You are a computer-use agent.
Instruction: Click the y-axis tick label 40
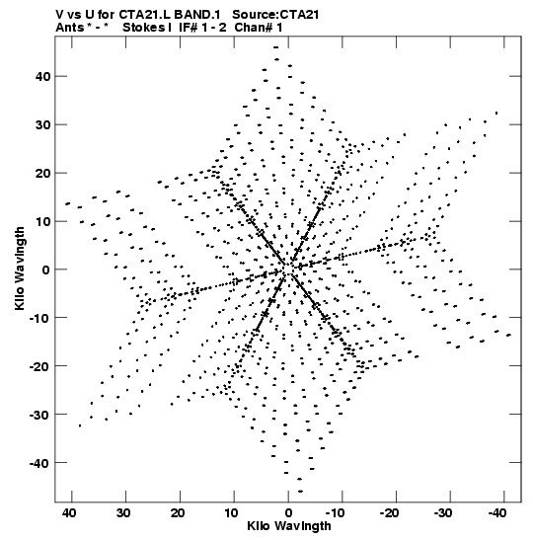click(42, 76)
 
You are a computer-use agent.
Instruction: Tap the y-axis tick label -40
click(39, 463)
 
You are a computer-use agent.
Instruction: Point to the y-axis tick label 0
click(46, 270)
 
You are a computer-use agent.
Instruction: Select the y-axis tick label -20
click(39, 365)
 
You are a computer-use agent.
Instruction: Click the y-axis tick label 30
click(42, 124)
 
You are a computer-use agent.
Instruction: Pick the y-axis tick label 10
click(42, 221)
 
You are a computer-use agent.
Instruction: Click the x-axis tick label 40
click(69, 513)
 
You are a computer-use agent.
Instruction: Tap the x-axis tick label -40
click(497, 513)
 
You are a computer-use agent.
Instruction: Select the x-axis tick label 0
click(288, 513)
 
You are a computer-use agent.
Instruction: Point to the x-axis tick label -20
click(390, 513)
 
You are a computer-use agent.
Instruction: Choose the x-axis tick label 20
click(178, 513)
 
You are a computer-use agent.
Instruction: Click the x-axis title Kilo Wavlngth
click(289, 526)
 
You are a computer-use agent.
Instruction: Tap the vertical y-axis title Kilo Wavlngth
click(20, 269)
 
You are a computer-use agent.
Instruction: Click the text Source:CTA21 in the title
click(275, 15)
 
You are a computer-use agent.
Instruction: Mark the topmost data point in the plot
click(275, 47)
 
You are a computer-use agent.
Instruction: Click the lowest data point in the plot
click(300, 492)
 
